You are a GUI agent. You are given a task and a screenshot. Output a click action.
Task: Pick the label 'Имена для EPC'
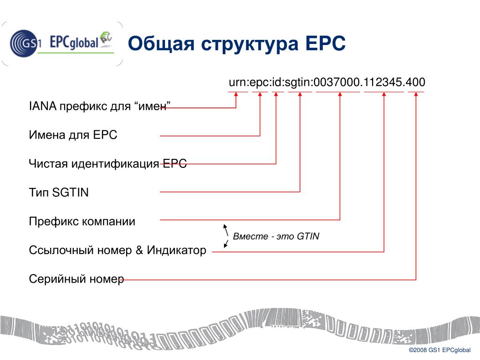point(73,135)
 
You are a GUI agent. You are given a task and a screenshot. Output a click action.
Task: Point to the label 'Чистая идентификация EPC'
point(108,164)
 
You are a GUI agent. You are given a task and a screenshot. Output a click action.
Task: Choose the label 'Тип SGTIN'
point(59,192)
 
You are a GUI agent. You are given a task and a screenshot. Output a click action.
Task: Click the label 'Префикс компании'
point(82,221)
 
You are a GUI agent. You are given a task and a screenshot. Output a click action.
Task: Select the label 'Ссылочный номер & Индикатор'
point(117,250)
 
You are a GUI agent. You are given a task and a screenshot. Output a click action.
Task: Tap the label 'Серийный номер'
point(76,279)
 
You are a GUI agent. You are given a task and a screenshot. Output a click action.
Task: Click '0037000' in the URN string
point(337,82)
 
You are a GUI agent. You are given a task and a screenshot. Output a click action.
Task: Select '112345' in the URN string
point(383,82)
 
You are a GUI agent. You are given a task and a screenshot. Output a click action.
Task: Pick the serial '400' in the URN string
point(416,82)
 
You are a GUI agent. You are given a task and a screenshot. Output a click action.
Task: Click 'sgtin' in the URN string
point(299,82)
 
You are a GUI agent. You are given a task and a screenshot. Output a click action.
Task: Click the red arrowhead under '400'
point(416,94)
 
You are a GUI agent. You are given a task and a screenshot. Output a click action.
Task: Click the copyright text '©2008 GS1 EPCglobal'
point(439,351)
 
